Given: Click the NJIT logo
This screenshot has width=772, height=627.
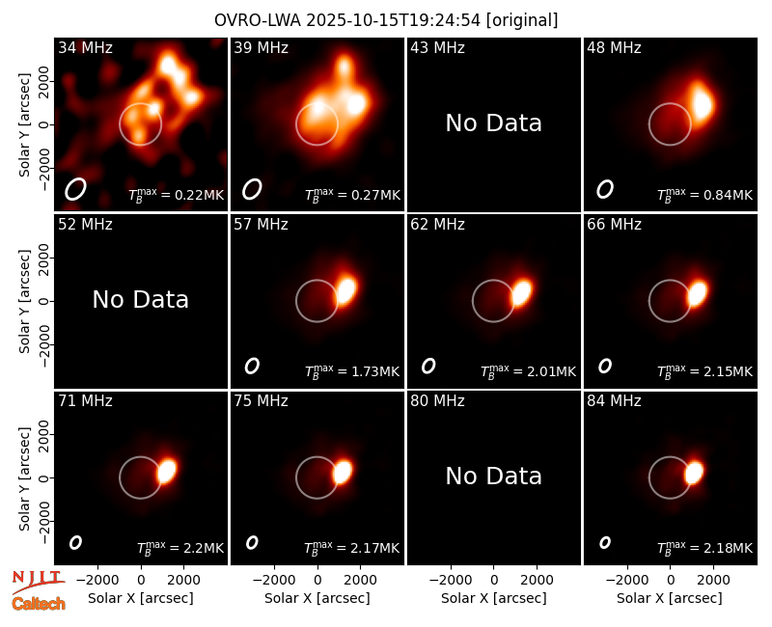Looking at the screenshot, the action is click(x=38, y=582).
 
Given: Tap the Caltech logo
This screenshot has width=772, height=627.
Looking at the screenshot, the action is click(x=39, y=604).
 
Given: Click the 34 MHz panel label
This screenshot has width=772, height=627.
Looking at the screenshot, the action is click(x=85, y=47).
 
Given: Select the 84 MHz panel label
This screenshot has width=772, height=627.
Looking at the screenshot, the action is click(x=614, y=401).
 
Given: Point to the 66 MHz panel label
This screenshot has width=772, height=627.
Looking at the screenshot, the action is click(x=614, y=225).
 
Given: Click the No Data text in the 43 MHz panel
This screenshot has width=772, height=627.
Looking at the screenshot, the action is click(x=493, y=123).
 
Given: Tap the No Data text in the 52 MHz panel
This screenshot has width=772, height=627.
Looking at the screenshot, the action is click(x=140, y=299).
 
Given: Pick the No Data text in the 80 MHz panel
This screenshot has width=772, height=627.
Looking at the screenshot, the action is click(x=493, y=476).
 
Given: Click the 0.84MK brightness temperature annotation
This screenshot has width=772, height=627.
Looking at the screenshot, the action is click(x=705, y=195).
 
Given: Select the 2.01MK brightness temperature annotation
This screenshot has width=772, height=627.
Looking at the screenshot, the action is click(x=528, y=371).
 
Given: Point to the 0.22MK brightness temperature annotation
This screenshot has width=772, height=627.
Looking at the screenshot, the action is click(x=176, y=195).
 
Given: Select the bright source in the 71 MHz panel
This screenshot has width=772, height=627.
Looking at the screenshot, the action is click(x=167, y=471).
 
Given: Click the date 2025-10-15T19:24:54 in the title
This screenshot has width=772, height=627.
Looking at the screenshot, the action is click(x=393, y=20).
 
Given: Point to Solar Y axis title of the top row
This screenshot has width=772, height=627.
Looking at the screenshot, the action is click(x=24, y=125).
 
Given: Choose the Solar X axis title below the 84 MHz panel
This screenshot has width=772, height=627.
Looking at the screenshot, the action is click(x=670, y=598).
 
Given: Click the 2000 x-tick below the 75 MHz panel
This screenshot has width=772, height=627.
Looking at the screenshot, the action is click(x=360, y=580).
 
